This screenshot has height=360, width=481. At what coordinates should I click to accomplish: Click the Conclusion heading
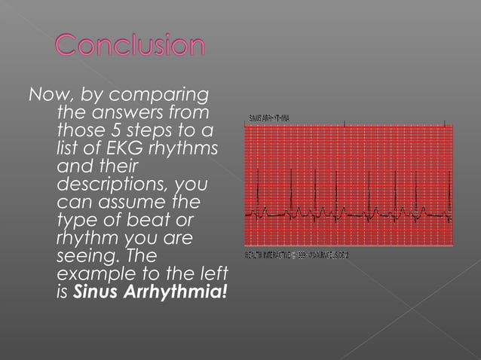[x=130, y=45]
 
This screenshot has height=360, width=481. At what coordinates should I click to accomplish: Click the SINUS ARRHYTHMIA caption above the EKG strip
[x=269, y=118]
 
